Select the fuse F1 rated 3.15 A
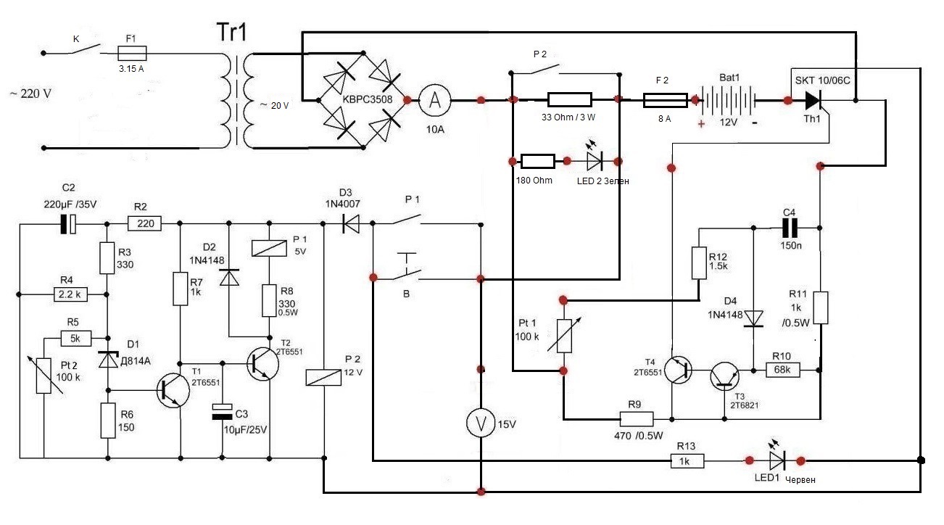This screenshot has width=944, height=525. (x=133, y=52)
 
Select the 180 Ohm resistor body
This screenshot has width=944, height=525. (x=538, y=160)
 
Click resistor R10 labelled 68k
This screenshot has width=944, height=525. (x=784, y=370)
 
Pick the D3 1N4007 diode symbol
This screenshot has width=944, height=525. (x=351, y=224)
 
